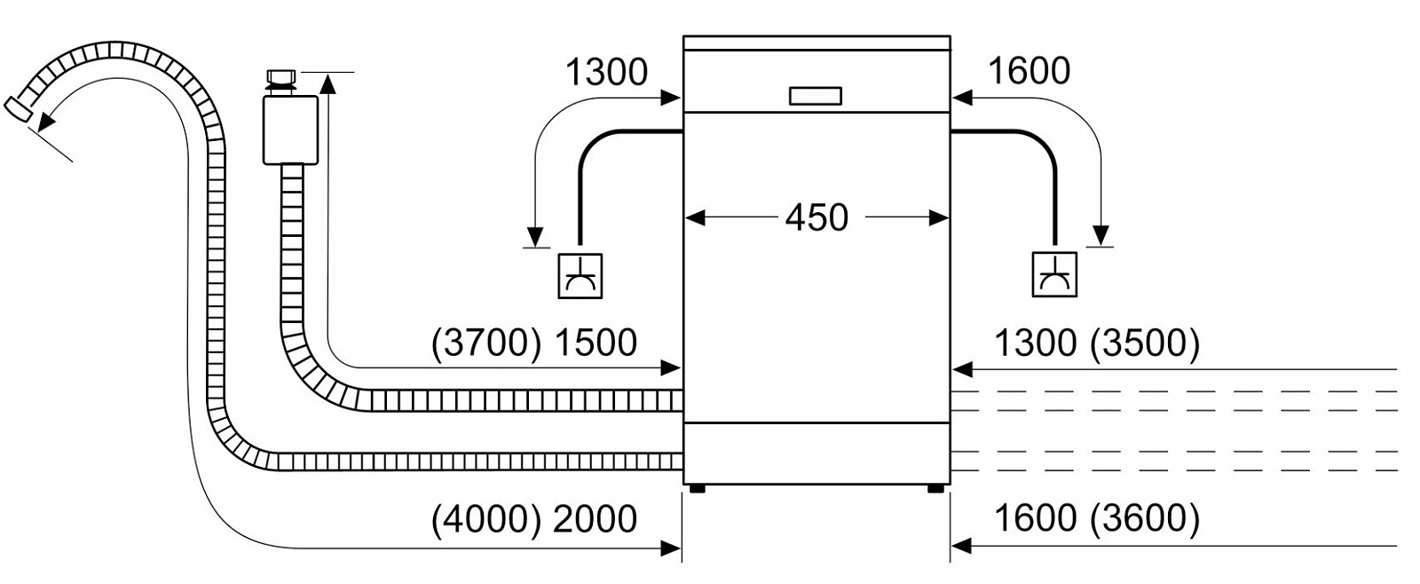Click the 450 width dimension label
pyautogui.click(x=816, y=217)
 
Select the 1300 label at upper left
pyautogui.click(x=606, y=72)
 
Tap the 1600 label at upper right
pyautogui.click(x=1029, y=71)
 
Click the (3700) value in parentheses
pyautogui.click(x=485, y=343)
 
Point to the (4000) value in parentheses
pyautogui.click(x=485, y=519)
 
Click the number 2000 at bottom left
pyautogui.click(x=595, y=519)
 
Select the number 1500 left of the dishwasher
pyautogui.click(x=595, y=343)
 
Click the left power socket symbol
pyautogui.click(x=580, y=276)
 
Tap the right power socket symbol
pyautogui.click(x=1054, y=275)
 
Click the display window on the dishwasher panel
pyautogui.click(x=815, y=96)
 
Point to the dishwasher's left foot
pyautogui.click(x=697, y=488)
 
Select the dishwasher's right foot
pyautogui.click(x=935, y=488)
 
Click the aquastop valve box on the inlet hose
pyautogui.click(x=290, y=130)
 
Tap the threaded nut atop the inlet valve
pyautogui.click(x=280, y=77)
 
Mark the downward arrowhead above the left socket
pyautogui.click(x=535, y=236)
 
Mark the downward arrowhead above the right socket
pyautogui.click(x=1101, y=235)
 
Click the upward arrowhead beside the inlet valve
pyautogui.click(x=327, y=83)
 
